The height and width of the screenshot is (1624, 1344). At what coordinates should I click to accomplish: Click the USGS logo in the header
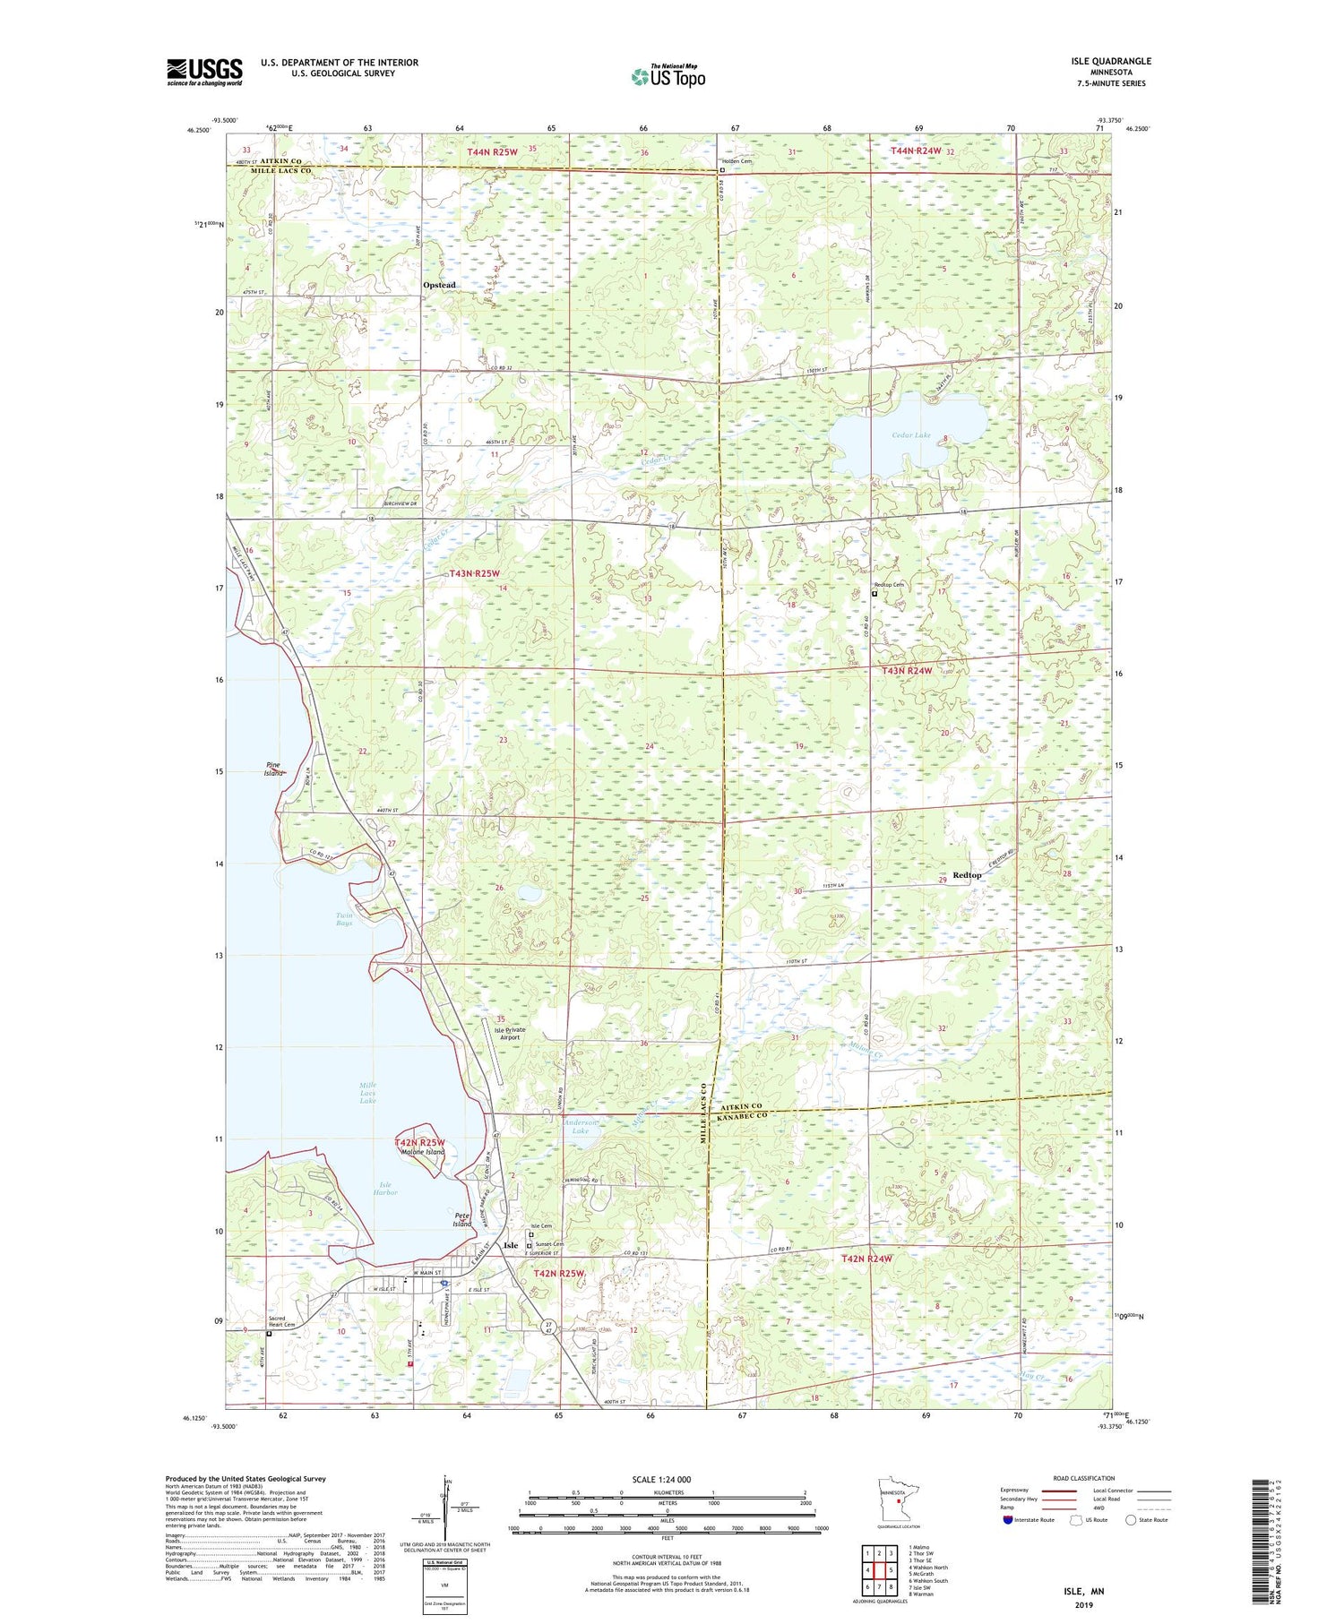tap(204, 72)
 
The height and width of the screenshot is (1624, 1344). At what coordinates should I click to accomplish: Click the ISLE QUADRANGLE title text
tap(1110, 61)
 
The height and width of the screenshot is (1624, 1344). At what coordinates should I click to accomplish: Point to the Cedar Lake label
tap(910, 434)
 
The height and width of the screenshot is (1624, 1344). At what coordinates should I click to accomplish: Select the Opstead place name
tap(439, 285)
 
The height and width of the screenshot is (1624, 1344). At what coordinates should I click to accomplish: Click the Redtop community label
tap(966, 875)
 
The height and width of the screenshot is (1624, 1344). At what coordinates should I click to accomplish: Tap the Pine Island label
tap(274, 769)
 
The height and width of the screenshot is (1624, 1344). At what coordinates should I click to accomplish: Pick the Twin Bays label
tap(344, 919)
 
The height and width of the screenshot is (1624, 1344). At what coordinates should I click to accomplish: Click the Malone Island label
tap(420, 1152)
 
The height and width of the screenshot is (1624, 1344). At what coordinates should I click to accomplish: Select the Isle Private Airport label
tap(510, 1034)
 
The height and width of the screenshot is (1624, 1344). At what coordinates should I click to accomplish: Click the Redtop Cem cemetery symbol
tap(875, 592)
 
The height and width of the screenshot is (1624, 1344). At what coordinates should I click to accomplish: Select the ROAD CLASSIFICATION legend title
tap(1084, 1478)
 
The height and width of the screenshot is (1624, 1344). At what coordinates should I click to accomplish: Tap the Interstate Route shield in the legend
tap(1009, 1520)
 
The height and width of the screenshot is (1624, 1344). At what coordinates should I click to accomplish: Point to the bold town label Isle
tap(511, 1246)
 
